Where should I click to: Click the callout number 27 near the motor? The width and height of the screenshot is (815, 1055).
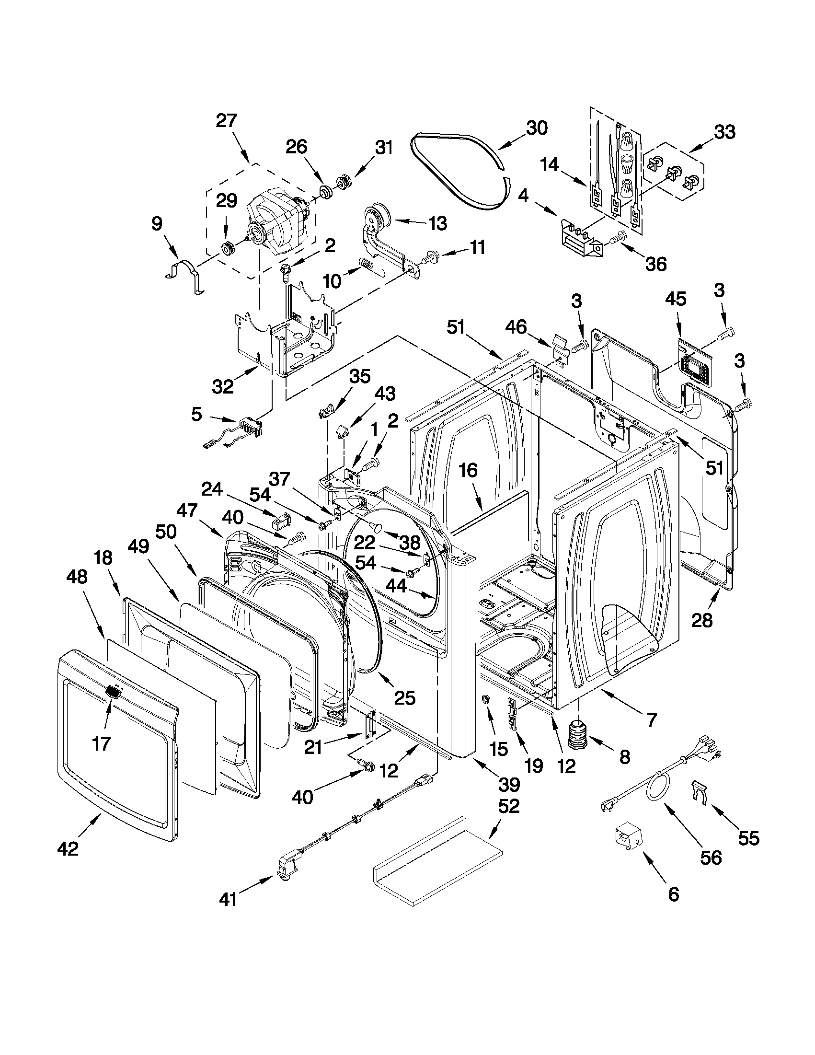pyautogui.click(x=226, y=120)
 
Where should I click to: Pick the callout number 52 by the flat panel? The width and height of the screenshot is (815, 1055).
pyautogui.click(x=508, y=806)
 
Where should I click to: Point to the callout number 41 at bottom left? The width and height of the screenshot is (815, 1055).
pyautogui.click(x=228, y=899)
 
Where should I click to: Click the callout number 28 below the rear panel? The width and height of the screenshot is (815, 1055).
pyautogui.click(x=701, y=620)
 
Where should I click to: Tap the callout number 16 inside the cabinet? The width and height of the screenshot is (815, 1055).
pyautogui.click(x=468, y=470)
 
